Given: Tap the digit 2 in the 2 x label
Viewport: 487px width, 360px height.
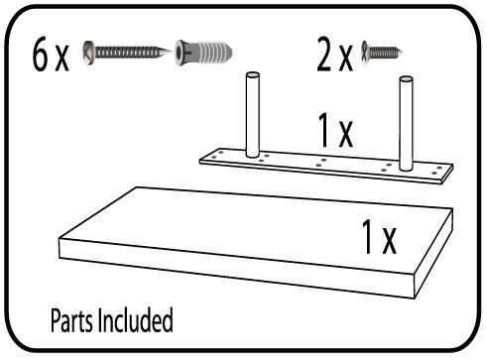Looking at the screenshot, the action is [324, 54].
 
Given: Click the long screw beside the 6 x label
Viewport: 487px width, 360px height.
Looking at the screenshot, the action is [127, 53].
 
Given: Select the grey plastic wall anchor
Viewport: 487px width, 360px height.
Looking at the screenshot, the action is [203, 53].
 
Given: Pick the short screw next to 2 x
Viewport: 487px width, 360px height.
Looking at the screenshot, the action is [382, 52].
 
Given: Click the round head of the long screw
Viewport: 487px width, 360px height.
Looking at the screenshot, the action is [88, 53].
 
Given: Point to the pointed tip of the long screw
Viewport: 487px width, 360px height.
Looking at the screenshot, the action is [170, 52].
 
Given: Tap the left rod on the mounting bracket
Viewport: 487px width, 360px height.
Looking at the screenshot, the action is [253, 114].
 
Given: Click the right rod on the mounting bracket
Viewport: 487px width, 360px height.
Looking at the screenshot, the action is [406, 123].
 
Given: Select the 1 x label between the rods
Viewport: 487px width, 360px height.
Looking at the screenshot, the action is [335, 130].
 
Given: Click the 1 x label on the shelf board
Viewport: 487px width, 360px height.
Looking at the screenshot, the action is [379, 237].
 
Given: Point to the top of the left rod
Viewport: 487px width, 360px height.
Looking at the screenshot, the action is [253, 75].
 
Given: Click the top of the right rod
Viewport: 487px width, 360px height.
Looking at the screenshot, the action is [406, 79].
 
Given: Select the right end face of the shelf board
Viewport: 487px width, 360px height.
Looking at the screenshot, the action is [433, 253].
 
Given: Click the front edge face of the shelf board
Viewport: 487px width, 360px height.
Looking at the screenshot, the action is [236, 268].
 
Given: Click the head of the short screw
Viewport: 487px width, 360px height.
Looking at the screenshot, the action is [365, 52].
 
